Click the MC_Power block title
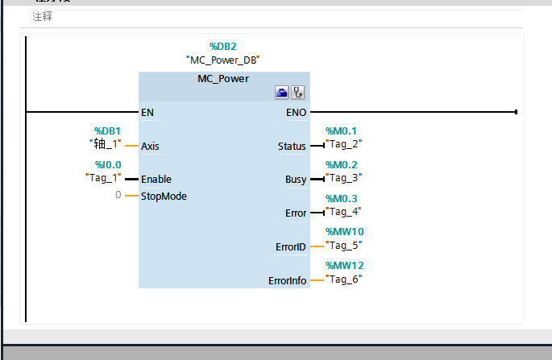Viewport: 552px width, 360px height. point(223,79)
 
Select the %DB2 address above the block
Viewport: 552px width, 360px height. point(223,46)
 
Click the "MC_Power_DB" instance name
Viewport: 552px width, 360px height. point(223,60)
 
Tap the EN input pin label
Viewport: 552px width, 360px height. point(147,113)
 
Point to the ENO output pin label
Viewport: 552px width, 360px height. point(296,113)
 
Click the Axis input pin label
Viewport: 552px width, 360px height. point(150,147)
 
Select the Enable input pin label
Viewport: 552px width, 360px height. point(156,180)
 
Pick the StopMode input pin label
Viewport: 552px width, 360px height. point(164,196)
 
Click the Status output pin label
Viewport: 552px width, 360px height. point(291,147)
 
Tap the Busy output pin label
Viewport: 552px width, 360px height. point(295,180)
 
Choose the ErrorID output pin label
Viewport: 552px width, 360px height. point(290,247)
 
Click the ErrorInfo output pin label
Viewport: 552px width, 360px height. point(288,281)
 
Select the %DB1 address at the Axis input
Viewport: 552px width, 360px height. point(107,130)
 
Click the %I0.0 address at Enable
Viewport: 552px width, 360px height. point(107,164)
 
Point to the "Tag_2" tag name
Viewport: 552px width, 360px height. point(344,143)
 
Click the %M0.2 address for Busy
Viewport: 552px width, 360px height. point(341,164)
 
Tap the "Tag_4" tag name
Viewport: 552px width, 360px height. point(344,211)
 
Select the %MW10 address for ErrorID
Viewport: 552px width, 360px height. point(344,232)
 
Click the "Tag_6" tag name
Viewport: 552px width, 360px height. point(344,279)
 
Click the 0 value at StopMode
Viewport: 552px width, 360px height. point(118,196)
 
